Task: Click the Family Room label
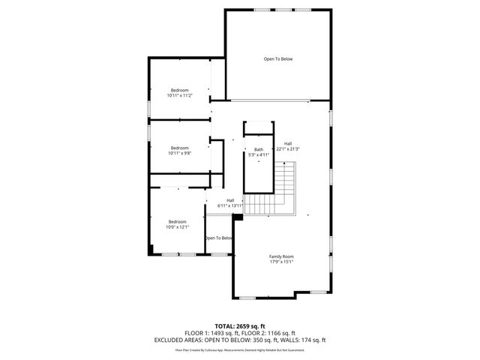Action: click(281, 256)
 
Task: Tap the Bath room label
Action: click(259, 149)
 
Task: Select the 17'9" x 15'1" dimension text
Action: click(281, 262)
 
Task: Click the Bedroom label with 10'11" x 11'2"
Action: click(179, 90)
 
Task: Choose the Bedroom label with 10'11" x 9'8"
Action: click(179, 148)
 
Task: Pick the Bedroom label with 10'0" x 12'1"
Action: click(177, 221)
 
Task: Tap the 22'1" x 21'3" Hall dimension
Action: click(287, 148)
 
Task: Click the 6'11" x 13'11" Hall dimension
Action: click(230, 205)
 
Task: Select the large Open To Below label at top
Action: click(277, 58)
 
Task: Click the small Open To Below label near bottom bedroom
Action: click(218, 238)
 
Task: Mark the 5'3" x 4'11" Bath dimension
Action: click(259, 154)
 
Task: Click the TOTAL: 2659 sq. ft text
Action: click(239, 325)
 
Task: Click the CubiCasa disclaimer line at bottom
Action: click(239, 349)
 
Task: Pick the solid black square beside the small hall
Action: click(238, 217)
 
